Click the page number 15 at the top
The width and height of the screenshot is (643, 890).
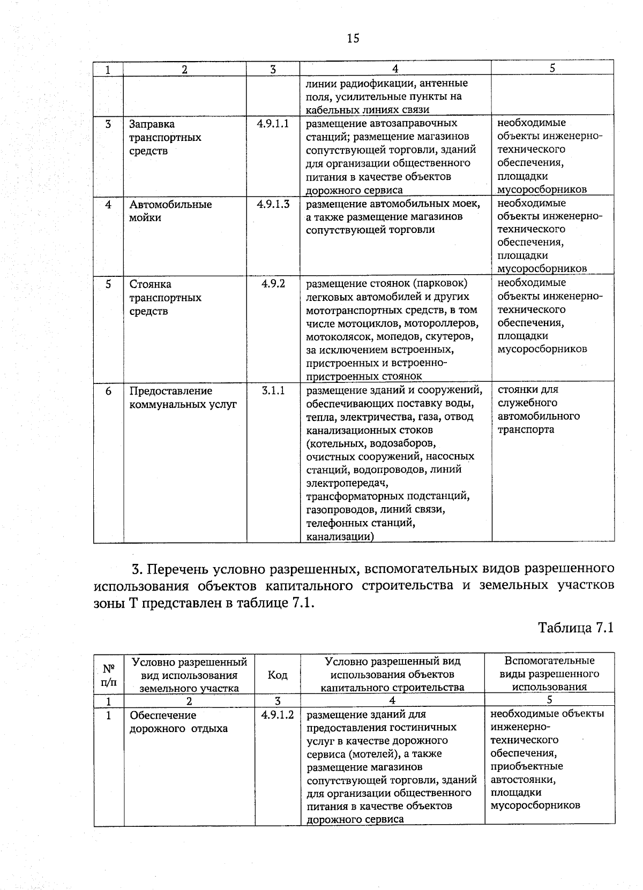pos(353,38)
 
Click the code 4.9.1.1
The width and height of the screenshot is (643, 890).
pos(273,124)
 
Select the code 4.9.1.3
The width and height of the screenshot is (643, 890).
pos(273,204)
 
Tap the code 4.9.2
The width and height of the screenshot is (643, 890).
pos(273,284)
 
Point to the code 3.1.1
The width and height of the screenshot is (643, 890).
pos(273,391)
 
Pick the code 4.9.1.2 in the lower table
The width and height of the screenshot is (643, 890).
pos(278,715)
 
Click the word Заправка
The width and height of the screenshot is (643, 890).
pos(152,124)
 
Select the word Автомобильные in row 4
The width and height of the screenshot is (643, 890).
pos(170,205)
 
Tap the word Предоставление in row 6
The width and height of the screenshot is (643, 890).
pos(170,391)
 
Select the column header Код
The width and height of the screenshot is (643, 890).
pos(277,675)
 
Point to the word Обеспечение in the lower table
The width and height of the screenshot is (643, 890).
pos(163,715)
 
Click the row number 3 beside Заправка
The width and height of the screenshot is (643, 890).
pos(108,124)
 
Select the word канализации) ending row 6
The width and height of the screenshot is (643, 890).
pos(340,536)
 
